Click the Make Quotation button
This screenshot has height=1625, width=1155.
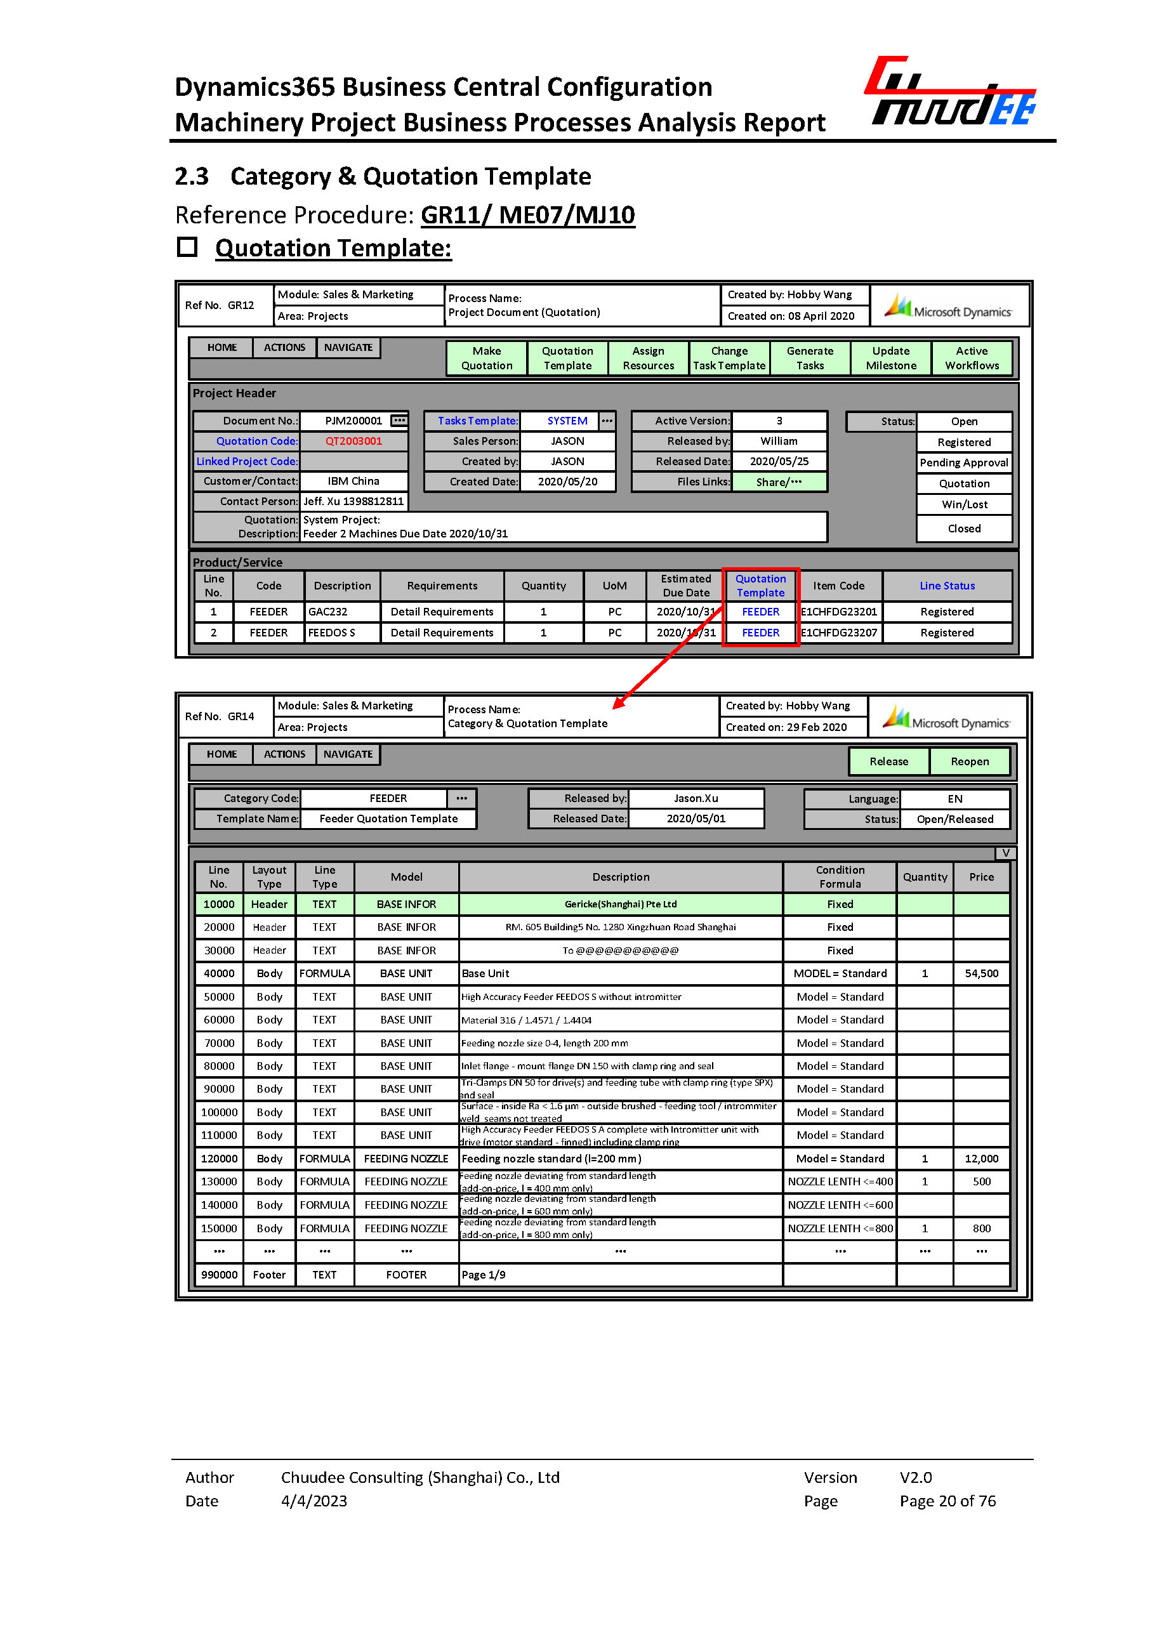coord(487,359)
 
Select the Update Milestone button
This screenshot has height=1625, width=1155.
coord(890,359)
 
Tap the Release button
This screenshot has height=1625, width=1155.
coord(888,761)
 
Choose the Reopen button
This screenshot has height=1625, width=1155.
coord(970,761)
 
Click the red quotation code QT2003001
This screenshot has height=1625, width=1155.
coord(353,441)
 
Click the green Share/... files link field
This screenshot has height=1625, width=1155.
coord(779,482)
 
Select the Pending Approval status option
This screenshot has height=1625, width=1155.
coord(964,463)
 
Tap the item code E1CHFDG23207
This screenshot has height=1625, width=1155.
coord(838,632)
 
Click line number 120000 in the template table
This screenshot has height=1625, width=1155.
coord(219,1159)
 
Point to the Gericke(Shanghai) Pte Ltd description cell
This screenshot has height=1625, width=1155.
coord(620,904)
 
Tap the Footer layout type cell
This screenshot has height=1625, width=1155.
coord(269,1274)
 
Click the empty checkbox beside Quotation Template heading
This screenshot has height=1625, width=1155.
coord(187,247)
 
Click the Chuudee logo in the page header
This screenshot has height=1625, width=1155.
coord(951,93)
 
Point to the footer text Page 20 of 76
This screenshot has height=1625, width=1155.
coord(947,1501)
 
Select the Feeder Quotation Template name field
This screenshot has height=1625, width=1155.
coord(388,819)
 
